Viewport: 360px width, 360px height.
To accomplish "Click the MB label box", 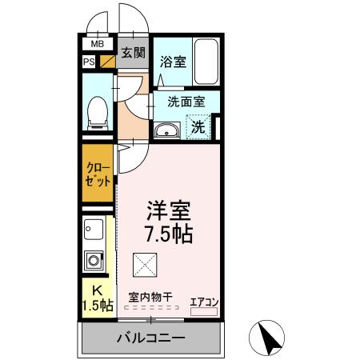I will [x=97, y=44].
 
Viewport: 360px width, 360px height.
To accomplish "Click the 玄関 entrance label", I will [x=133, y=54].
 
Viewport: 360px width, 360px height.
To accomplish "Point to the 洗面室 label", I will [x=186, y=102].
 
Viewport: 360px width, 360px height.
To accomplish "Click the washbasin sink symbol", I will [x=166, y=130].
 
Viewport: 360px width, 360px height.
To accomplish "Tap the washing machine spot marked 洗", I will [x=198, y=126].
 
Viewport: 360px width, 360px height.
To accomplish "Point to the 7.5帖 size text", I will [x=168, y=234].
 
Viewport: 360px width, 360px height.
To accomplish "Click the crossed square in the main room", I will [x=145, y=262].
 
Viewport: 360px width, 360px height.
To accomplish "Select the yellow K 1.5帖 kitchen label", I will [x=97, y=298].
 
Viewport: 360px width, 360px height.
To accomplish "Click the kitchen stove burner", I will [x=94, y=260].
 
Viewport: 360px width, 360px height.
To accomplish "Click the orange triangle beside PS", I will [x=105, y=62].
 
